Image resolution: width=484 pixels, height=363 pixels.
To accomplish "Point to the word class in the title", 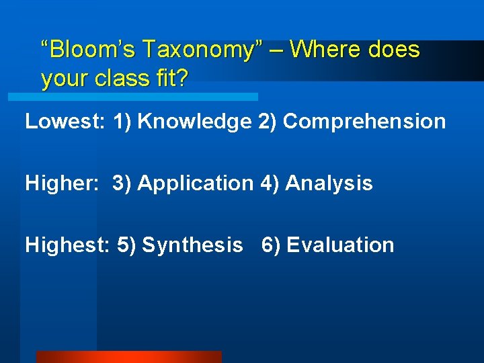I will click(x=120, y=79).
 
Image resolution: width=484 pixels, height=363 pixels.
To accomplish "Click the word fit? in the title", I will click(x=171, y=79).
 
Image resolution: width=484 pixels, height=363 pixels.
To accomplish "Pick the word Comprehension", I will click(x=364, y=122).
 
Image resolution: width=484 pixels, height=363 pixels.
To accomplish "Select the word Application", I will click(x=195, y=183).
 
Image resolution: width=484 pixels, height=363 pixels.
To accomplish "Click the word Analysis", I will click(x=329, y=183).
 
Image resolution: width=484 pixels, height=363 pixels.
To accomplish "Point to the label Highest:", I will click(x=67, y=245).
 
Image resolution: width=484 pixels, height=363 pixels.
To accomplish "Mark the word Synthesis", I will click(x=192, y=245).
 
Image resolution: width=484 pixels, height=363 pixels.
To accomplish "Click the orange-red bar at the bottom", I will click(x=128, y=356).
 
